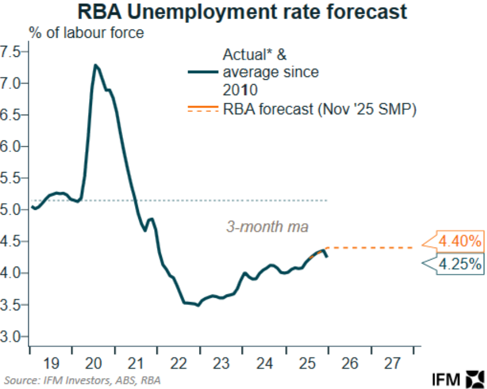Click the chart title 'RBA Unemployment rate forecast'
point(243,12)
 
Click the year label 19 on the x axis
point(51,362)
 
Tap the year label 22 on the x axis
point(178,362)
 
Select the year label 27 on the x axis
point(392,362)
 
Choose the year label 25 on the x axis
point(307,362)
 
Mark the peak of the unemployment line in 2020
point(95,65)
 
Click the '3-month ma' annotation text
point(268,227)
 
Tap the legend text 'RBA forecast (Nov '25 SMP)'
point(320,109)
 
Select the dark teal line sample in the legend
point(203,72)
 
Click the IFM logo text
point(445,378)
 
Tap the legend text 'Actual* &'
point(254,55)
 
